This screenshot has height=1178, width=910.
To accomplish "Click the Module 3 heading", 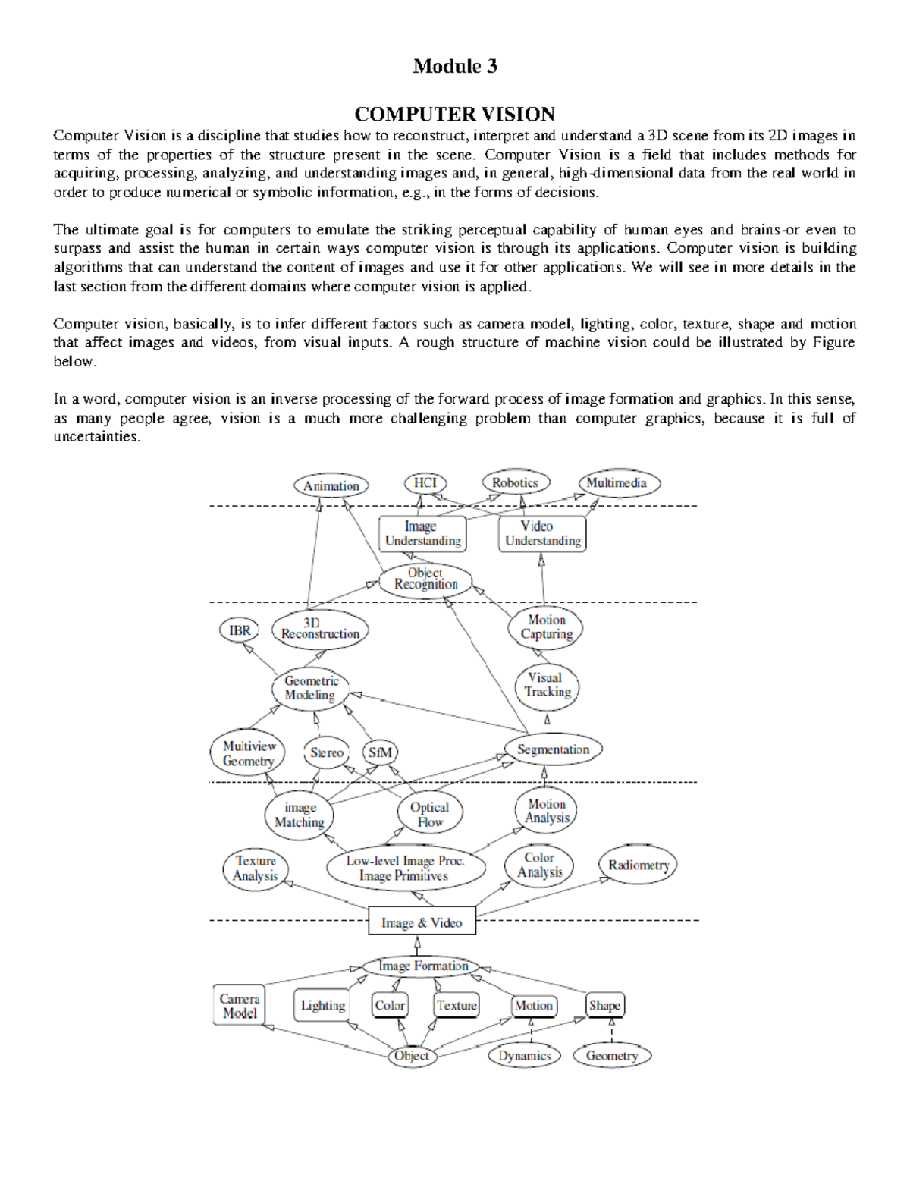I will pyautogui.click(x=454, y=67).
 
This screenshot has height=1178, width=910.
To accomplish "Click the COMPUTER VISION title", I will pyautogui.click(x=454, y=115).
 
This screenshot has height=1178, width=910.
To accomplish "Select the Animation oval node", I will pyautogui.click(x=331, y=486).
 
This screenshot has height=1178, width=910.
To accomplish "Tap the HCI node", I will pyautogui.click(x=425, y=483).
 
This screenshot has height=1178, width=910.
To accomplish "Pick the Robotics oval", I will pyautogui.click(x=516, y=483).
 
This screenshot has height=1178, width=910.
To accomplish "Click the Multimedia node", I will pyautogui.click(x=619, y=483).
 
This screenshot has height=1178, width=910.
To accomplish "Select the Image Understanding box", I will pyautogui.click(x=422, y=534).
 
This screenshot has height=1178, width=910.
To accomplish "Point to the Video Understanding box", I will pyautogui.click(x=541, y=534).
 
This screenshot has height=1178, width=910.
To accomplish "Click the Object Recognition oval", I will pyautogui.click(x=425, y=580).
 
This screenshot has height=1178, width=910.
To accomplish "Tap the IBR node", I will pyautogui.click(x=240, y=630).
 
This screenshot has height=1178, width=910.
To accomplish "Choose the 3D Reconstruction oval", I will pyautogui.click(x=319, y=629).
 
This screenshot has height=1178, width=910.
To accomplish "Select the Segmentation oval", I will pyautogui.click(x=553, y=750).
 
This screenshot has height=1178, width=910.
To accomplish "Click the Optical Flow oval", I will pyautogui.click(x=429, y=815).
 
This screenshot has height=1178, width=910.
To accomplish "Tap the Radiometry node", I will pyautogui.click(x=638, y=865).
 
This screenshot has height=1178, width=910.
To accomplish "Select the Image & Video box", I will pyautogui.click(x=422, y=922).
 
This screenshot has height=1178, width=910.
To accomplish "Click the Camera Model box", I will pyautogui.click(x=240, y=1007).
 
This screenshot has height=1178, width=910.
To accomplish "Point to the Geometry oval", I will pyautogui.click(x=612, y=1056).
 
